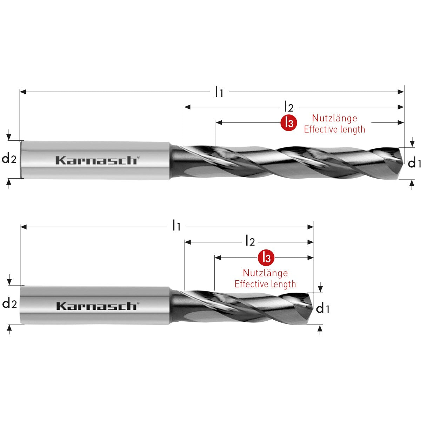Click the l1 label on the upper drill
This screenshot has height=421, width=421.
coord(219,92)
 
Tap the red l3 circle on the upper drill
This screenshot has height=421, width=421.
coord(288,122)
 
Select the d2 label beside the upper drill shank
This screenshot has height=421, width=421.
coord(9,159)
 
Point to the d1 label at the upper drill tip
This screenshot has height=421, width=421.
coord(414,163)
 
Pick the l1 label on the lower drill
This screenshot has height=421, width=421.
coord(176,227)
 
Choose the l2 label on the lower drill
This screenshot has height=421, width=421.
coord(250,242)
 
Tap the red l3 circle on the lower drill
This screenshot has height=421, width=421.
coord(266,258)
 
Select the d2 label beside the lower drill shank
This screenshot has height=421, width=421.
coord(9,303)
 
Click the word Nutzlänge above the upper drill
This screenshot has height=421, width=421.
coord(334,118)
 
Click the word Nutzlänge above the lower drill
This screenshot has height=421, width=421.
coord(265,273)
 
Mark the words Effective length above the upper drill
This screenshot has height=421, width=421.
coord(334,129)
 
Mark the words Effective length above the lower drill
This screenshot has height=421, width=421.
coord(265,284)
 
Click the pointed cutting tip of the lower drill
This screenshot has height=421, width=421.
coord(312,308)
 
